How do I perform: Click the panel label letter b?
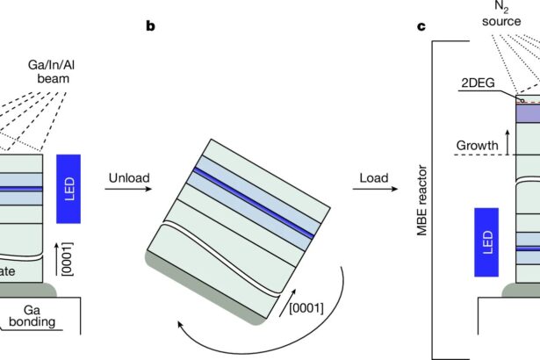[150, 25]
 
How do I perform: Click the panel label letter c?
[421, 25]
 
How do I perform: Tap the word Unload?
[129, 179]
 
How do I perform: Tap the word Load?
[375, 179]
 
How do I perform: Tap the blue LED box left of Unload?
[68, 188]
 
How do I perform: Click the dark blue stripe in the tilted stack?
[255, 201]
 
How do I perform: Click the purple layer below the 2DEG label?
[527, 113]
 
